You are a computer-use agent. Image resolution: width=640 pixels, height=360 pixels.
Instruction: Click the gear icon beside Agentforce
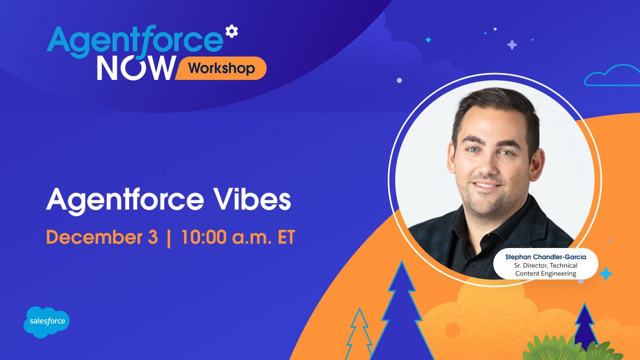click(231, 31)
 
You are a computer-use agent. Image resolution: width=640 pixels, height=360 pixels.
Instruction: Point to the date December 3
click(102, 238)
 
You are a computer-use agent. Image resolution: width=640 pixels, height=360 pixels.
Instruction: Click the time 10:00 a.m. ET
click(238, 238)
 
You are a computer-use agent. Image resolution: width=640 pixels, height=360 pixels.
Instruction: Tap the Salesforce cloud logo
click(47, 322)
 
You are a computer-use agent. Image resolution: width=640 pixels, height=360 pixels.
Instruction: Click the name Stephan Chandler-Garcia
click(546, 257)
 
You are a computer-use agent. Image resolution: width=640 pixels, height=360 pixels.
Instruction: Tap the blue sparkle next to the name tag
click(606, 274)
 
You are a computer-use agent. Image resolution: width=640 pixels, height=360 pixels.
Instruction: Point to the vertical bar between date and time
click(169, 238)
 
